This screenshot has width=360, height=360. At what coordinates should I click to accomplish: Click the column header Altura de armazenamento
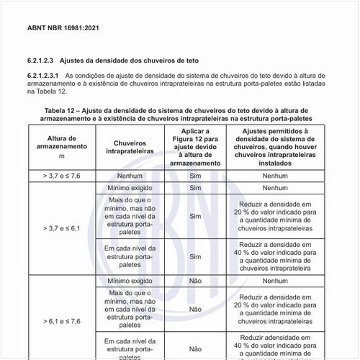tap(61, 141)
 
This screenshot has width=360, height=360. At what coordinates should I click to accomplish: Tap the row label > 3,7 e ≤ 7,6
tap(61, 175)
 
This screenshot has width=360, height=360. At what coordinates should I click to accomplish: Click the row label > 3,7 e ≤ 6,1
tap(61, 228)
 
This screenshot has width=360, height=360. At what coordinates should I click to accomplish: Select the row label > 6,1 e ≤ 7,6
tap(61, 320)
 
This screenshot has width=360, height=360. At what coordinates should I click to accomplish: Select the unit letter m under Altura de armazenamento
tap(61, 156)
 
